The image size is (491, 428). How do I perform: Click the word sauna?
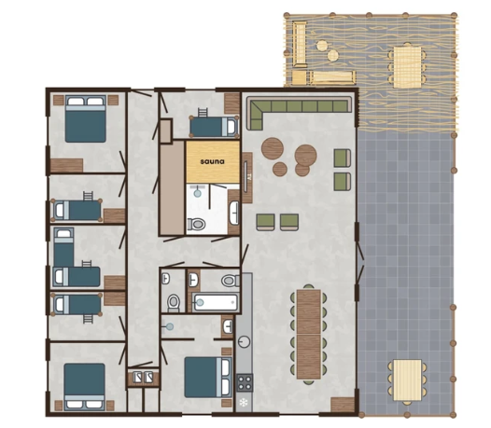pos(212,161)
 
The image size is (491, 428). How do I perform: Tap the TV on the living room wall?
pos(246,176)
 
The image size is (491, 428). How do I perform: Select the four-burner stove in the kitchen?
pos(245,382)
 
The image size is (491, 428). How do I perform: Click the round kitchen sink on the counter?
pos(244,341)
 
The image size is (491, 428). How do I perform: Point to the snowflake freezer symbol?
pos(244,403)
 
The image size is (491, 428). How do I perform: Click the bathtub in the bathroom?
pos(216,302)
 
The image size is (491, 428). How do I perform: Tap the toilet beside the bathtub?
pos(231,281)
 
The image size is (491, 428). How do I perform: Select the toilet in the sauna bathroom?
pos(196,224)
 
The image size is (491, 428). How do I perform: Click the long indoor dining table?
pos(309,334)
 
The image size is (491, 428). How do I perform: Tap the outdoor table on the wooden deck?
pos(407,67)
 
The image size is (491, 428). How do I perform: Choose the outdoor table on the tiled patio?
pos(407,380)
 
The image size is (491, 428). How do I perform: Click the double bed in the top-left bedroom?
pos(85,119)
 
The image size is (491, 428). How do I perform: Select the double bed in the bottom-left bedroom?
pos(85,387)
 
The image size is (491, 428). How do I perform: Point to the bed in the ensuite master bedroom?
pos(208,377)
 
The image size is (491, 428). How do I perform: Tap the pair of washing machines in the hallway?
pos(143,378)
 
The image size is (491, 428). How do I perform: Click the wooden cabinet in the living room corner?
pos(343,405)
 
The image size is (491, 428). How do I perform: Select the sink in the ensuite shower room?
pos(228,327)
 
